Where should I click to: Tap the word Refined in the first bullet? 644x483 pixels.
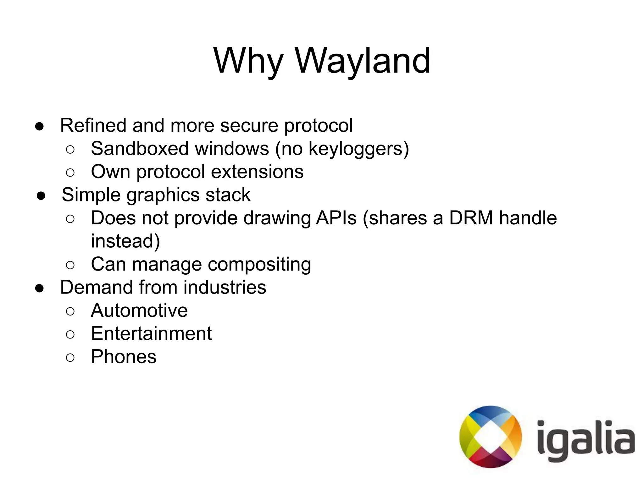click(x=93, y=125)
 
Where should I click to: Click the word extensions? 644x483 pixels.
click(x=257, y=172)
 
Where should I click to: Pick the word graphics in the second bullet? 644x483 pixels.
click(x=163, y=195)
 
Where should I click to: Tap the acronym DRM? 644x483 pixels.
click(x=471, y=218)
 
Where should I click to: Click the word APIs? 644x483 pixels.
click(x=336, y=218)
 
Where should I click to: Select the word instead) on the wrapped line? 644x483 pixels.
click(x=125, y=241)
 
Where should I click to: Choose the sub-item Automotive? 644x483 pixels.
click(x=139, y=310)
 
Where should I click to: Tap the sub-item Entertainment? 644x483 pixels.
click(x=151, y=333)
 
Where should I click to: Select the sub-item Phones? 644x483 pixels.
click(x=124, y=357)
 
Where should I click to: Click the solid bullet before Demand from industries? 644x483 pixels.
click(x=39, y=288)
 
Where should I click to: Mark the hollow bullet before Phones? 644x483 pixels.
click(x=70, y=358)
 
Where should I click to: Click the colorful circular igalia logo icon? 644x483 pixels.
click(x=490, y=436)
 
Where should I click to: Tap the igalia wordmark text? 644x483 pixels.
click(x=586, y=440)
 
